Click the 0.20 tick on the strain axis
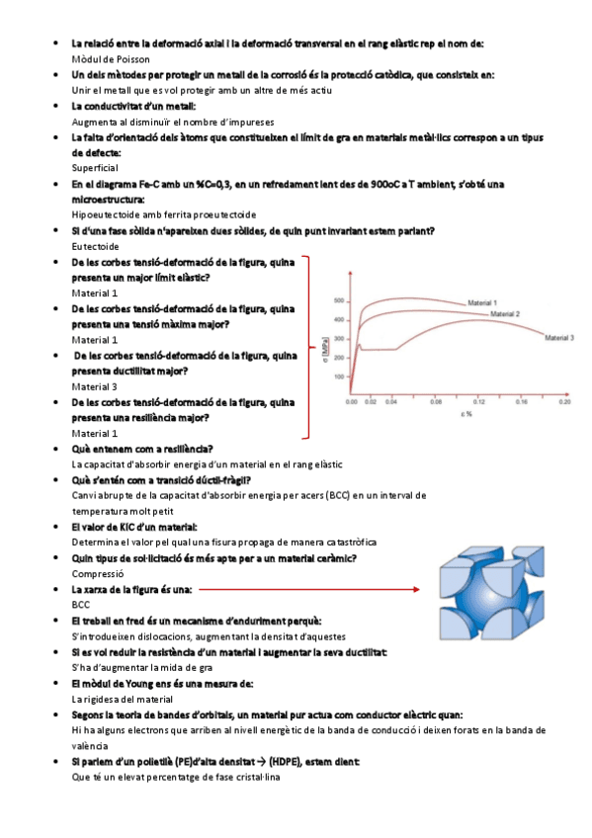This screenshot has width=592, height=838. tap(565, 402)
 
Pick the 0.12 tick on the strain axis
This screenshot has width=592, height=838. tap(479, 402)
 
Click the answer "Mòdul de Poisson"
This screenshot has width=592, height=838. tap(112, 59)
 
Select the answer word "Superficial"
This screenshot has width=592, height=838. tap(95, 168)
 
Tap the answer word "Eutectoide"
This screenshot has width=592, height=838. tap(96, 245)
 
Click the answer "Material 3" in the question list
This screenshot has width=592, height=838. tap(95, 386)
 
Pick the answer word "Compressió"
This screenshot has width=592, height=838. tap(98, 573)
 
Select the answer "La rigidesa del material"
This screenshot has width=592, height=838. tap(123, 698)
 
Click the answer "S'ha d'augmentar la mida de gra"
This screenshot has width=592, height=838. tap(142, 667)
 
